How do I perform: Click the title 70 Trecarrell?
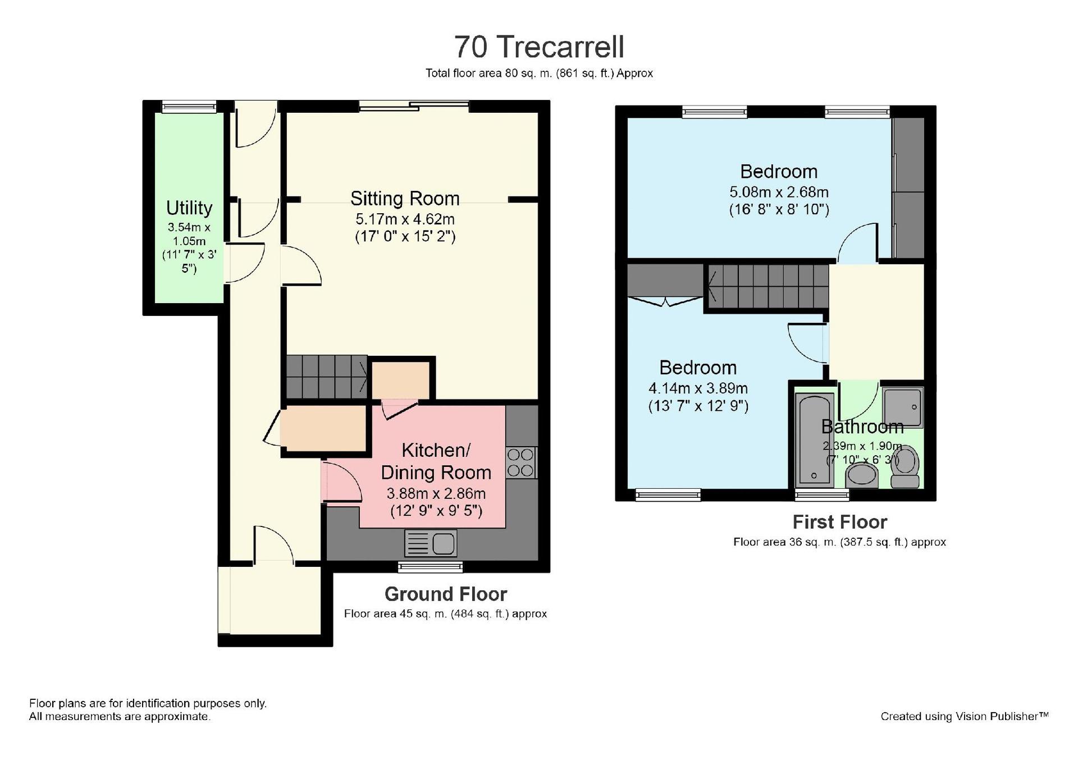[539, 47]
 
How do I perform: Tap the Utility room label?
[189, 208]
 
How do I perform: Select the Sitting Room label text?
[405, 198]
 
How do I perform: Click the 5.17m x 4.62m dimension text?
[405, 219]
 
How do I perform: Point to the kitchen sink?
[431, 543]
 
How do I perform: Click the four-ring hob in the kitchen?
[521, 462]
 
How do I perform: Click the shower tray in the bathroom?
[902, 407]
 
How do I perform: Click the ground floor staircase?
[327, 377]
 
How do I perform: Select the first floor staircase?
[768, 286]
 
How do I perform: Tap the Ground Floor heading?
[446, 594]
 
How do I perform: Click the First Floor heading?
[839, 522]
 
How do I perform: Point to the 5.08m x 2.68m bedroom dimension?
[779, 192]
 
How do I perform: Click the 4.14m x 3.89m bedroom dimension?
[698, 388]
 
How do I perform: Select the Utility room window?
[189, 107]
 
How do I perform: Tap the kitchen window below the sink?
[431, 566]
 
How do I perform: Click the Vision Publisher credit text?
[964, 716]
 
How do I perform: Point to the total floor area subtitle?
[539, 73]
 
